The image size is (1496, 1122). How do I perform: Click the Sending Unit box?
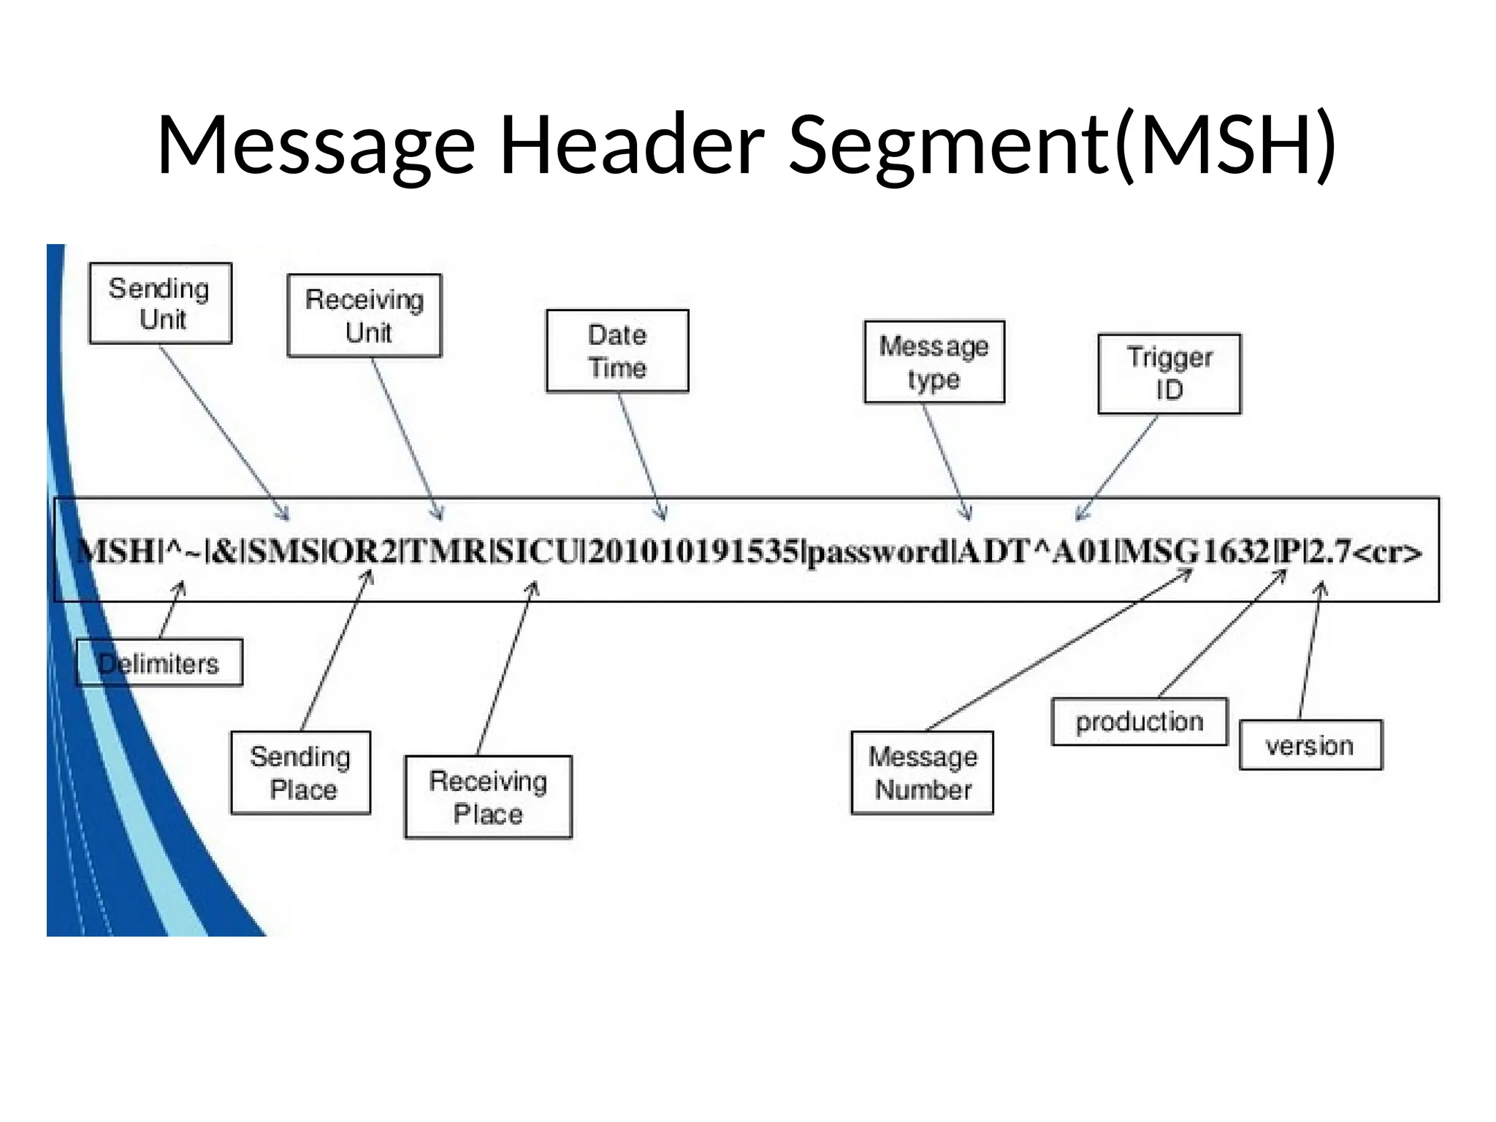(160, 303)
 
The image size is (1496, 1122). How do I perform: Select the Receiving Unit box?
(365, 316)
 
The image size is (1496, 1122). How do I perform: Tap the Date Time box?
(617, 351)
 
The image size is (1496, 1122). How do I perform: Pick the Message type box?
(934, 362)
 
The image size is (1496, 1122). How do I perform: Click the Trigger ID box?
(1169, 374)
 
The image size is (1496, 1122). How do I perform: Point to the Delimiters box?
(159, 663)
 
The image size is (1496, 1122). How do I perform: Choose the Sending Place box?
(300, 773)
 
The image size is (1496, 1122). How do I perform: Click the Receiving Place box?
(488, 797)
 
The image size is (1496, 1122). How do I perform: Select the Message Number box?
(922, 773)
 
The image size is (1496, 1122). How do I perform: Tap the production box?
(1139, 722)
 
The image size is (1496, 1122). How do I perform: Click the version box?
(1310, 745)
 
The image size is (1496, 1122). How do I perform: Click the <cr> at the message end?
(1388, 553)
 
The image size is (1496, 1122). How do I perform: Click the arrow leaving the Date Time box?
(641, 456)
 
